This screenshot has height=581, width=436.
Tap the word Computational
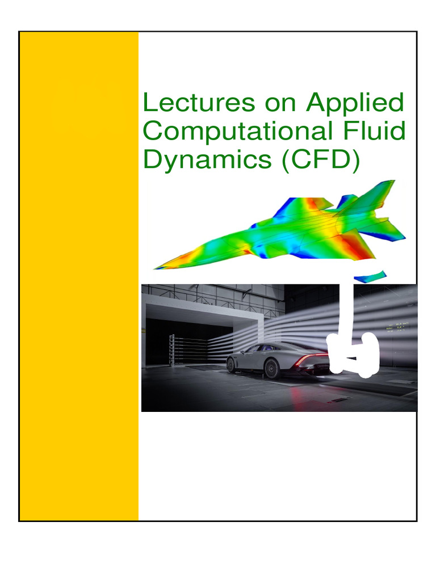pyautogui.click(x=233, y=132)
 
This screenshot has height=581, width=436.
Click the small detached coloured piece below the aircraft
pyautogui.click(x=370, y=276)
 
